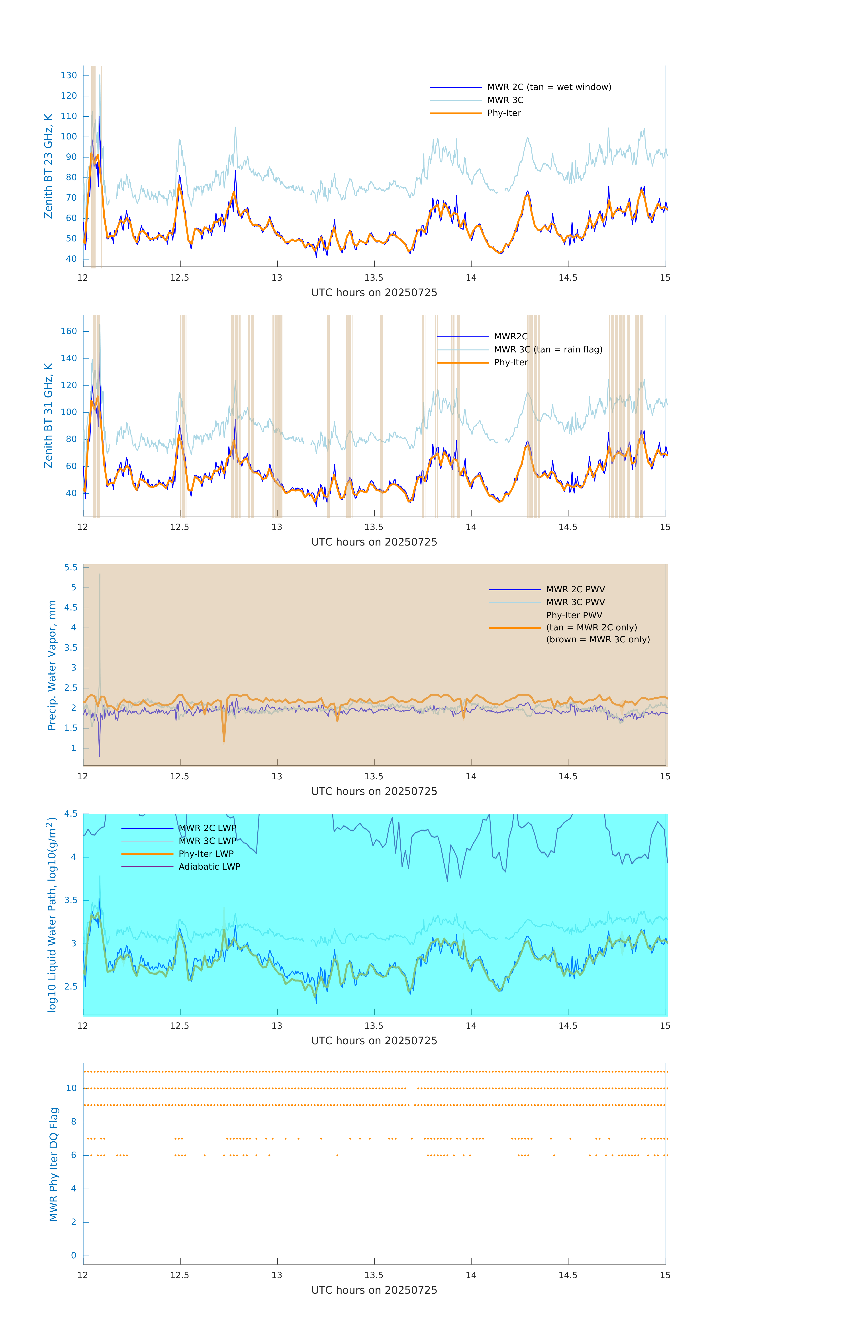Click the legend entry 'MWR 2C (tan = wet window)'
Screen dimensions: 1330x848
click(x=548, y=87)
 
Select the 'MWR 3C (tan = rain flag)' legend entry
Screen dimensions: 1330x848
click(x=547, y=350)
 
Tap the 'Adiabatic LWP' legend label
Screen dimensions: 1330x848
click(x=209, y=866)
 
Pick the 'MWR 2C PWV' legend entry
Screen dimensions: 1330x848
click(x=575, y=589)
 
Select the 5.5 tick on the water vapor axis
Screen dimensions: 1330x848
click(x=71, y=568)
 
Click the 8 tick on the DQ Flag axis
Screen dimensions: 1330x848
click(x=73, y=1122)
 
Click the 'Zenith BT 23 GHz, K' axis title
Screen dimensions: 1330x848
click(x=49, y=166)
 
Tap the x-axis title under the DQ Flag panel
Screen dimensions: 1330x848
click(x=374, y=1290)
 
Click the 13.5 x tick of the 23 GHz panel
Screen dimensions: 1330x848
click(x=374, y=278)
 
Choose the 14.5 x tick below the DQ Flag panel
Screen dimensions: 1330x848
click(x=568, y=1275)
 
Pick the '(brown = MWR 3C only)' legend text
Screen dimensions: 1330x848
click(x=598, y=640)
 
